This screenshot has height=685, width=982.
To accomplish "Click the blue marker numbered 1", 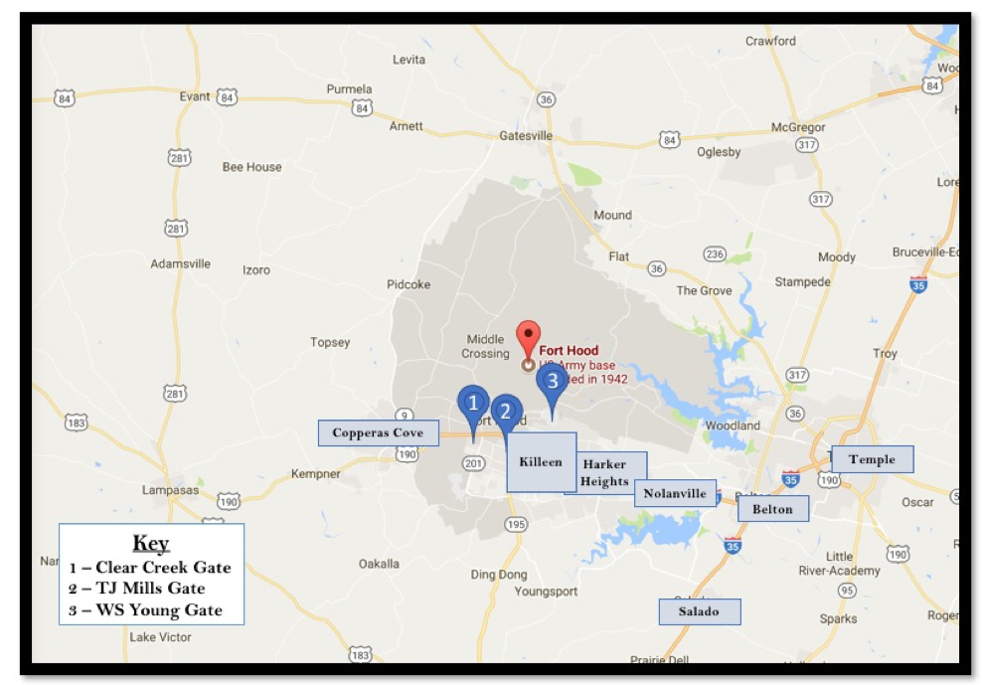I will click(473, 404).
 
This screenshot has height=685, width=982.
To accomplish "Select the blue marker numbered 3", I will click(553, 380).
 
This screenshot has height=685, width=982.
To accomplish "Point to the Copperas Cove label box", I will click(378, 432).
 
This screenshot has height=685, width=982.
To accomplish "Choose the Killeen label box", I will click(541, 462).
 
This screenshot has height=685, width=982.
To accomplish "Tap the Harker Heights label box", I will click(606, 473).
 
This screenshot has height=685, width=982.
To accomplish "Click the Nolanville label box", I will click(675, 493).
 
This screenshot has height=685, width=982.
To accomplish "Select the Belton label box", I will click(772, 509).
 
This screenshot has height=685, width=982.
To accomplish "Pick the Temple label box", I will click(872, 459).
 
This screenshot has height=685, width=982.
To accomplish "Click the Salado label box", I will click(699, 611).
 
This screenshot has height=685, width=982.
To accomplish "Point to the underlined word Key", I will click(151, 543).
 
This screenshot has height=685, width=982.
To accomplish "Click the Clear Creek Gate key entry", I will click(150, 568).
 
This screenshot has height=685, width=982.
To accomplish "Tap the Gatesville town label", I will click(525, 135).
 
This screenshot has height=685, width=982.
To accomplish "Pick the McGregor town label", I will click(799, 128).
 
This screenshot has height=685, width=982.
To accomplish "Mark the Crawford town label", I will click(770, 41).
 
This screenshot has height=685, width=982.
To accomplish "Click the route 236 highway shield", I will click(715, 254).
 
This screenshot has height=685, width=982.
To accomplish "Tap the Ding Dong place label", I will click(499, 575).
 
